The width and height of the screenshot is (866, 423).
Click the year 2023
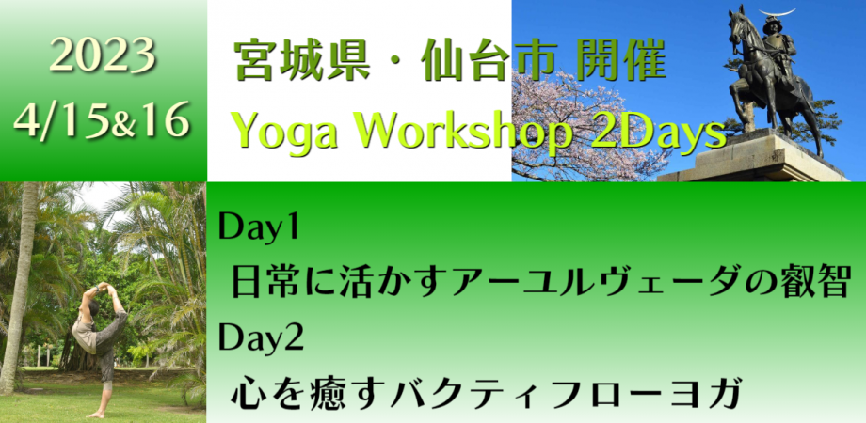(x=103, y=58)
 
